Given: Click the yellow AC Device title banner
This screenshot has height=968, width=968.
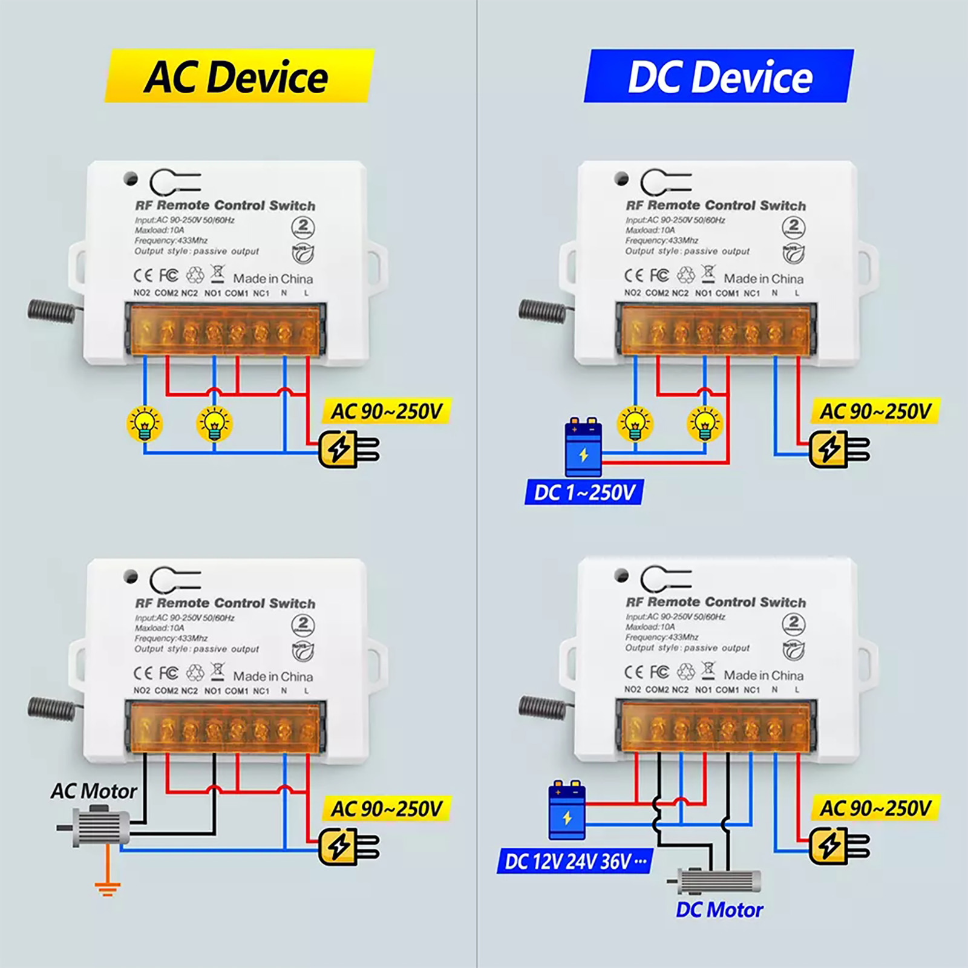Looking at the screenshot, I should [239, 77].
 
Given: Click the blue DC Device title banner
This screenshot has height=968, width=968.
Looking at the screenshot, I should [719, 77].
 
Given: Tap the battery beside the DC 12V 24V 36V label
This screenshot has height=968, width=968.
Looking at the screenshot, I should [567, 810].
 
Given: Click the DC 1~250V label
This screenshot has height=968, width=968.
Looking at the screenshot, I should [584, 492].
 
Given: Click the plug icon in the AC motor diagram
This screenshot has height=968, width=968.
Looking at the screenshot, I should [348, 847].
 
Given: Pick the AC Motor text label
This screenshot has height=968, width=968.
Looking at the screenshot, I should [94, 791].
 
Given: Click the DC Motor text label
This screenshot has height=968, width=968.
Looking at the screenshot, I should [719, 910].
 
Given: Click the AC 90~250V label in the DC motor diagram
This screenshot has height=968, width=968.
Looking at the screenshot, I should [875, 808].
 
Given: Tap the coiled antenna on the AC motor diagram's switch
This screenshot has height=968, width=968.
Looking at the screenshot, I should [51, 708].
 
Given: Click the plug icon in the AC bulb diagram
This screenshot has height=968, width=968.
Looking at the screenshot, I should [348, 449].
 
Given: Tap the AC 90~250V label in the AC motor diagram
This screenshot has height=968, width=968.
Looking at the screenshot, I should [387, 809].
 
